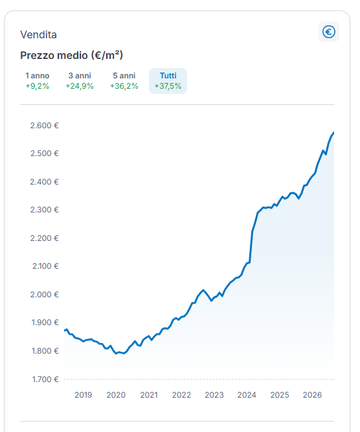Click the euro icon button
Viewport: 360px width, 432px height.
tap(329, 32)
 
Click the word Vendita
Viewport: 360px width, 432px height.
tap(39, 35)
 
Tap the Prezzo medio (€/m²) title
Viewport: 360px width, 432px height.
tap(72, 55)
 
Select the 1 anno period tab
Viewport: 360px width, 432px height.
tap(37, 81)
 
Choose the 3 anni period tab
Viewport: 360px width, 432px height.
tap(80, 81)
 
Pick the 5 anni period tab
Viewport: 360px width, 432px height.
tap(124, 81)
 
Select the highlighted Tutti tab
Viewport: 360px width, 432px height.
tap(168, 81)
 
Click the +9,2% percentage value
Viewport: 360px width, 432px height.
tap(37, 86)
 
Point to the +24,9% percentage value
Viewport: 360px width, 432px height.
tap(80, 86)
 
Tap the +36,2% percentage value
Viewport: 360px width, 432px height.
tap(124, 86)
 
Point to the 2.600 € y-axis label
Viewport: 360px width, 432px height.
tap(44, 126)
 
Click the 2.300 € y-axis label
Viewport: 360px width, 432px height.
tap(44, 210)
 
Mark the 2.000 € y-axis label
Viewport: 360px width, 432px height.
tap(44, 295)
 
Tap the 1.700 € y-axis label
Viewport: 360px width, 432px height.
tap(45, 380)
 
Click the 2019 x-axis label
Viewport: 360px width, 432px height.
tap(83, 395)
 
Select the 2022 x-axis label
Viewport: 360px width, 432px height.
tap(181, 395)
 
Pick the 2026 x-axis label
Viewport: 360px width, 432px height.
tap(312, 395)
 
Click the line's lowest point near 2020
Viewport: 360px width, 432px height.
tap(117, 354)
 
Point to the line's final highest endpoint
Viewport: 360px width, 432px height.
tap(334, 133)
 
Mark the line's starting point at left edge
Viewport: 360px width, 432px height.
tap(65, 330)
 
